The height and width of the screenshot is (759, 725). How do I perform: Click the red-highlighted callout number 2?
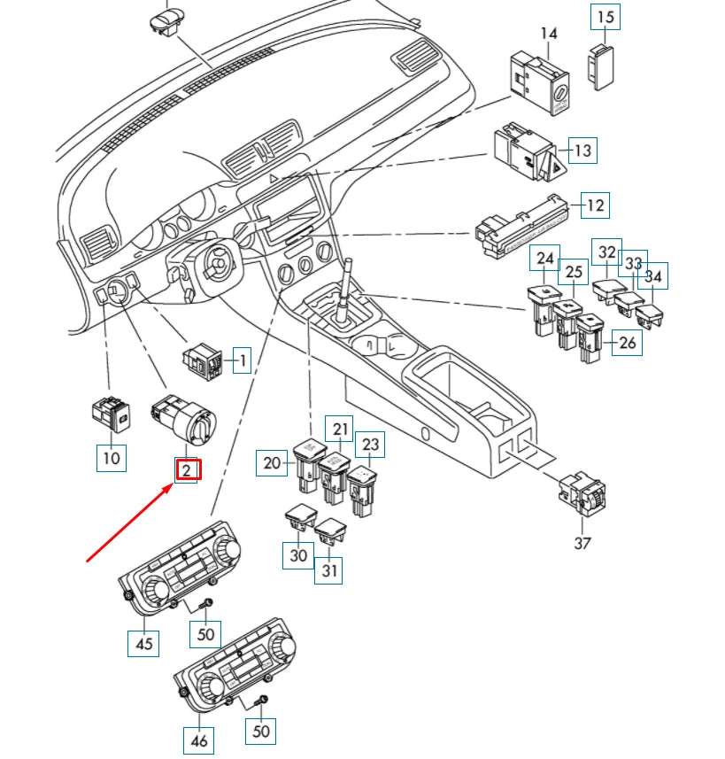pyautogui.click(x=187, y=470)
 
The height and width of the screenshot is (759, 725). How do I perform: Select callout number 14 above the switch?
pyautogui.click(x=549, y=34)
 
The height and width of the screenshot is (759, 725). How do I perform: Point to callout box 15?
pyautogui.click(x=605, y=17)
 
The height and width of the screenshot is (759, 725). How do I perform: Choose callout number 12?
pyautogui.click(x=596, y=205)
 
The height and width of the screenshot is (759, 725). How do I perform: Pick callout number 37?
pyautogui.click(x=582, y=543)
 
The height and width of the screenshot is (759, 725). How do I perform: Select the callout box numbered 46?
pyautogui.click(x=199, y=739)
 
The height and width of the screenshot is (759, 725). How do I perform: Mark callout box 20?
pyautogui.click(x=272, y=462)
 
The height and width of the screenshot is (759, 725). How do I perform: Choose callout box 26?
pyautogui.click(x=628, y=343)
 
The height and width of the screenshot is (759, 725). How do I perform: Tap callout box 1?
pyautogui.click(x=241, y=360)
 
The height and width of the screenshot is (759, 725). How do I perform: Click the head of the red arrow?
pyautogui.click(x=172, y=485)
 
